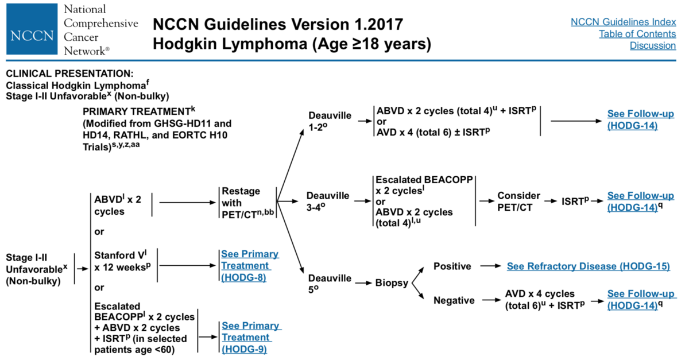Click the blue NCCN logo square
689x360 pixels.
pyautogui.click(x=32, y=29)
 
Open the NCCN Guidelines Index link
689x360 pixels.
pyautogui.click(x=623, y=22)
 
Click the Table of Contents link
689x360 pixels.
pyautogui.click(x=637, y=33)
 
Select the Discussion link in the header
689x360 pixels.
pyautogui.click(x=653, y=45)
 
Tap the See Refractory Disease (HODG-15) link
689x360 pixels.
pyautogui.click(x=588, y=266)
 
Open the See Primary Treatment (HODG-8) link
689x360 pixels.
pyautogui.click(x=250, y=265)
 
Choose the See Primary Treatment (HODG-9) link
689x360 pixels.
pyautogui.click(x=251, y=337)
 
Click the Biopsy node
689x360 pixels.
pyautogui.click(x=392, y=282)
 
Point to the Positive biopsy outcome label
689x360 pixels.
pyautogui.click(x=452, y=266)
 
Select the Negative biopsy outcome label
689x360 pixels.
pyautogui.click(x=454, y=300)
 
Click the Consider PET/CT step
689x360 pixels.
pyautogui.click(x=518, y=202)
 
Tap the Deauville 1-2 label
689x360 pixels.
pyautogui.click(x=330, y=121)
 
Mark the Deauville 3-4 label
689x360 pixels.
pyautogui.click(x=328, y=202)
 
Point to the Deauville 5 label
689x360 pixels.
pyautogui.click(x=330, y=284)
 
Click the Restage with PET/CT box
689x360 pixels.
pyautogui.click(x=247, y=203)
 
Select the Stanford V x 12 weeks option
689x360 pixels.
pyautogui.click(x=122, y=261)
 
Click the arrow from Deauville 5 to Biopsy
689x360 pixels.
pyautogui.click(x=363, y=282)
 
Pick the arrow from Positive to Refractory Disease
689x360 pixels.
pyautogui.click(x=490, y=266)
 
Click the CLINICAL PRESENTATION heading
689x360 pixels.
pyautogui.click(x=69, y=73)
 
